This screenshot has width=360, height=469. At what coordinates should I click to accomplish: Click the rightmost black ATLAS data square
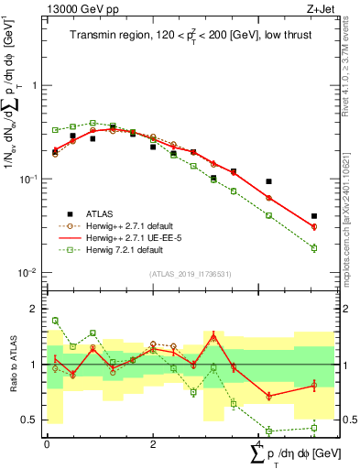(x=314, y=216)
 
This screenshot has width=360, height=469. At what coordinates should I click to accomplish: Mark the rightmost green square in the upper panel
(x=314, y=248)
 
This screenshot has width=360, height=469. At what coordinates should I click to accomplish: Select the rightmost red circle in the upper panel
(x=314, y=226)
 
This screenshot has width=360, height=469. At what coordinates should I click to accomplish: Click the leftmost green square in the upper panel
(x=55, y=130)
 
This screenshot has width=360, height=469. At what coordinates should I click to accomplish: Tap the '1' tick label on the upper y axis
(x=34, y=84)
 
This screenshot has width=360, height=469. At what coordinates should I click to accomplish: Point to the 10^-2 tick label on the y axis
(x=28, y=273)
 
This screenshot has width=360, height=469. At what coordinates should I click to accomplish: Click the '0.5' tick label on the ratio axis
(x=29, y=420)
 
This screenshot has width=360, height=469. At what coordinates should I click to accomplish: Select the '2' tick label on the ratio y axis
(x=34, y=309)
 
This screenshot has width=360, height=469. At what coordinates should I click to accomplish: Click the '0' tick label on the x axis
(x=47, y=443)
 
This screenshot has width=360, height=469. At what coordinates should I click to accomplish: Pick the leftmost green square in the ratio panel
(x=55, y=321)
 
